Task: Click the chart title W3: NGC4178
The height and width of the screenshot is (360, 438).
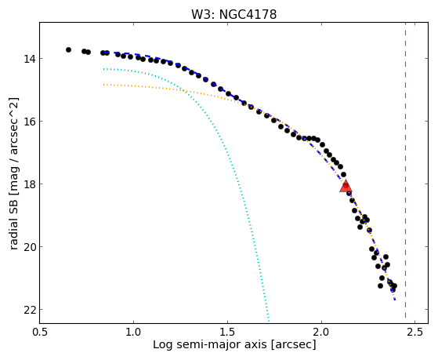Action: [x=233, y=15]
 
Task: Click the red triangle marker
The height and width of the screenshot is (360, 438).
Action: [x=346, y=186]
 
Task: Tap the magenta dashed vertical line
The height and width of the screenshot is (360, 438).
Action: [x=405, y=173]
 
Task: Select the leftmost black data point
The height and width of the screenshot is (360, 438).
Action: [x=68, y=49]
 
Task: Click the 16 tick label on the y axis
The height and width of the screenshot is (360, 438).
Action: [x=28, y=122]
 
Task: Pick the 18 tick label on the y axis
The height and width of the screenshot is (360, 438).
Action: [x=28, y=184]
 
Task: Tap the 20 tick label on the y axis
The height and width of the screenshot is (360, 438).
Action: [x=28, y=247]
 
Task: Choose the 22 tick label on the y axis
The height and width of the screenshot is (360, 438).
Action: [x=28, y=309]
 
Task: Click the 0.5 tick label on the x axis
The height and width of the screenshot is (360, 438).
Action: [x=40, y=333]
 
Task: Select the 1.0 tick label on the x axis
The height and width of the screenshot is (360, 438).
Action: [x=133, y=333]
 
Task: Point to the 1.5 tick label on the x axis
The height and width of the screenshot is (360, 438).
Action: [x=227, y=333]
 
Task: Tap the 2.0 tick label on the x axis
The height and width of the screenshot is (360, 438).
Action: [x=321, y=333]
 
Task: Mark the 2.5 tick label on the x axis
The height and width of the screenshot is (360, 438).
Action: [x=415, y=333]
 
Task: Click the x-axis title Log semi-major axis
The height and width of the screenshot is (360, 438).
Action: [x=209, y=345]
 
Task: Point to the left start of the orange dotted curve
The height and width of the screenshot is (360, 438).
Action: [x=103, y=85]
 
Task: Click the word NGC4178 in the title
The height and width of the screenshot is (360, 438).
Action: [x=248, y=15]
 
